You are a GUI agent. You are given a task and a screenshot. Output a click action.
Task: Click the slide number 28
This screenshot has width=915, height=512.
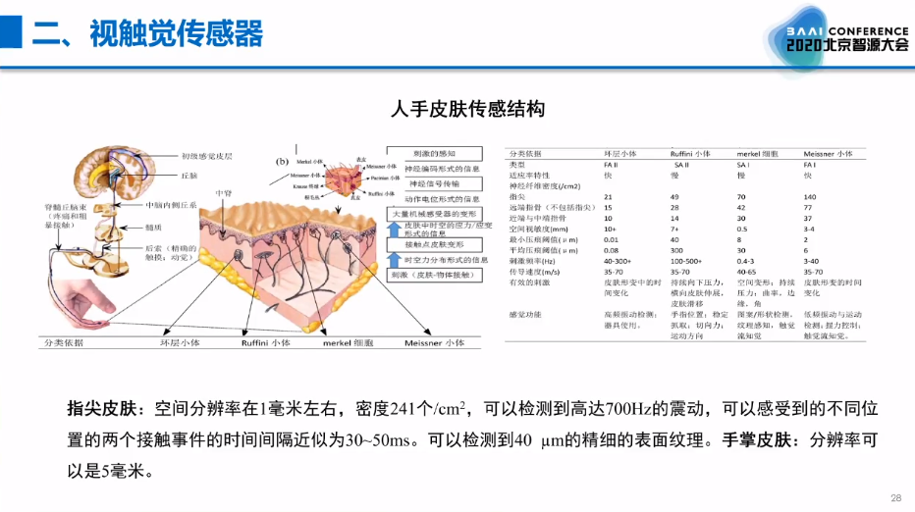(894, 497)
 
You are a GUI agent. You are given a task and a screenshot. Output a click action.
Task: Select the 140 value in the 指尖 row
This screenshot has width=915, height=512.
(810, 197)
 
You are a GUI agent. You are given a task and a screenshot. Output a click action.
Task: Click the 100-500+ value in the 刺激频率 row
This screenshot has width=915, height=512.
(691, 262)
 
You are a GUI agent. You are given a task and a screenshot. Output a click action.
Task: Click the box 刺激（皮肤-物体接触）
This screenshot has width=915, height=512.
(433, 276)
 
